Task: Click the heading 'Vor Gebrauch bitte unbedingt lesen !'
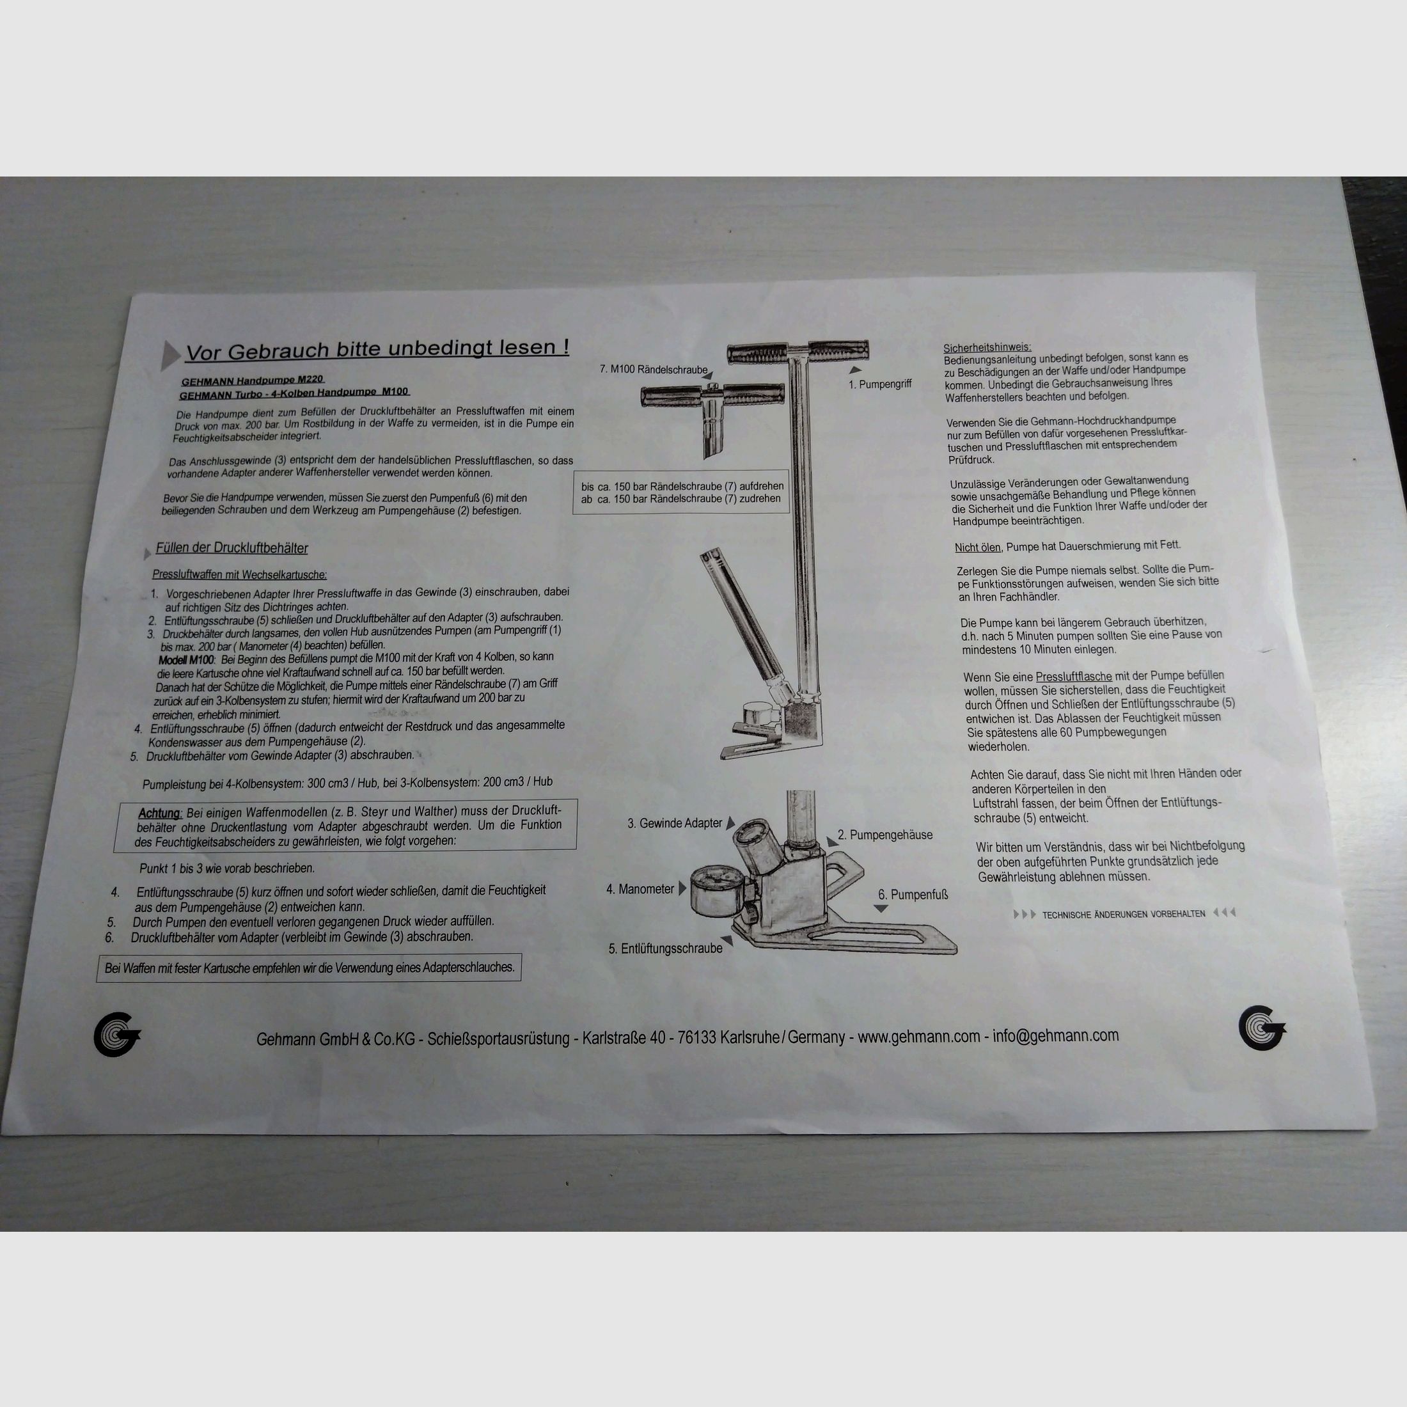pyautogui.click(x=377, y=350)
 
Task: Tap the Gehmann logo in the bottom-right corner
pyautogui.click(x=1261, y=1028)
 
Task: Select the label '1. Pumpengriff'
pyautogui.click(x=880, y=384)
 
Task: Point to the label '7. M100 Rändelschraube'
pyautogui.click(x=653, y=369)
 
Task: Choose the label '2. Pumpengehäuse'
pyautogui.click(x=885, y=835)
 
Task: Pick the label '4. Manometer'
pyautogui.click(x=640, y=889)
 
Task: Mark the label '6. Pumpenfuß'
pyautogui.click(x=913, y=894)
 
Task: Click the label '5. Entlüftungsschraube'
pyautogui.click(x=666, y=948)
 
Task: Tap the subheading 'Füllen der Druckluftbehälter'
pyautogui.click(x=232, y=548)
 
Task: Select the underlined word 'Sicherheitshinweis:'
pyautogui.click(x=987, y=347)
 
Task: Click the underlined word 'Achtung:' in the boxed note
pyautogui.click(x=159, y=814)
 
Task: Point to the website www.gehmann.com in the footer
pyautogui.click(x=918, y=1036)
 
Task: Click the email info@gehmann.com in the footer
pyautogui.click(x=1055, y=1035)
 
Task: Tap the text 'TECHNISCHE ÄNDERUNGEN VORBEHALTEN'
pyautogui.click(x=1123, y=914)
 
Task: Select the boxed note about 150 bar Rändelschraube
pyautogui.click(x=682, y=492)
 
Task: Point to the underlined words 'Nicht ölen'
pyautogui.click(x=977, y=547)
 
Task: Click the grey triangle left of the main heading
pyautogui.click(x=169, y=355)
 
